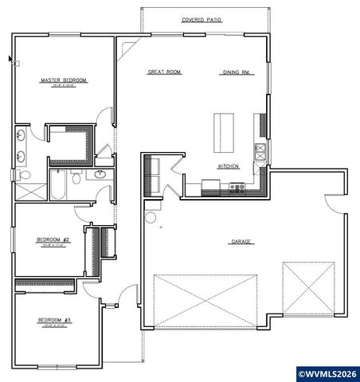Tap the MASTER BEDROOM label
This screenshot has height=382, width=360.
63,80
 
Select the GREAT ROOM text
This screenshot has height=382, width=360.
164,72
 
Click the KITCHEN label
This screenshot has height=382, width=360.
229,166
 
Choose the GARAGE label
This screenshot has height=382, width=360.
242,241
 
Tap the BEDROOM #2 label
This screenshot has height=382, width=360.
53,240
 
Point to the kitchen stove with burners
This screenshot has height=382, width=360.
237,188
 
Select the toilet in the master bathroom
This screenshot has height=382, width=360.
24,174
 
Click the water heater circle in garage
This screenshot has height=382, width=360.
152,216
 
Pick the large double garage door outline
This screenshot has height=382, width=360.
205,299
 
